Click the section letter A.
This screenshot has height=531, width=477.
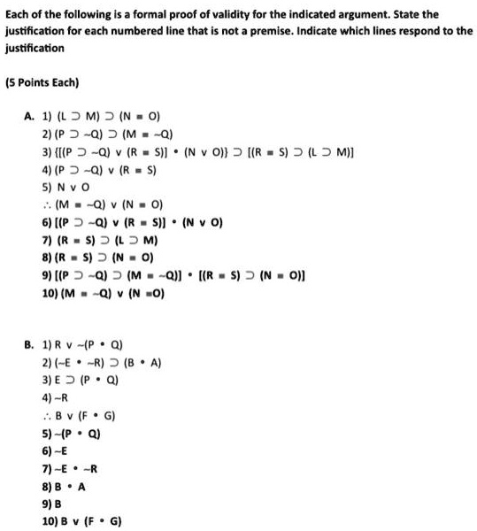[28, 116]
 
